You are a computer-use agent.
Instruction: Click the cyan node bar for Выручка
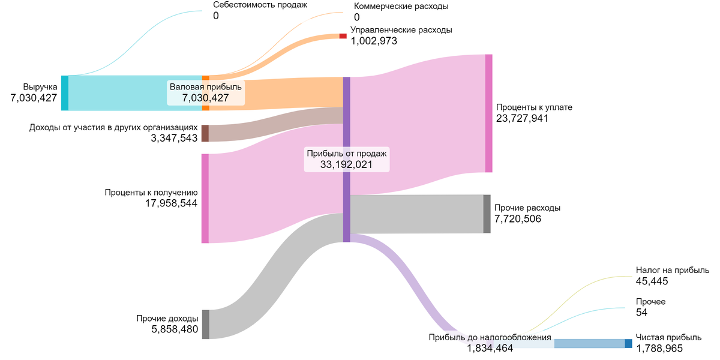65,93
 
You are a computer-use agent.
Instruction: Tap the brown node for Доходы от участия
205,133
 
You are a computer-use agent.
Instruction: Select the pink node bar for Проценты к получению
205,199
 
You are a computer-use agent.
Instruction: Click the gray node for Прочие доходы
206,325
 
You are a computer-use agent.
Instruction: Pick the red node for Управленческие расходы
343,36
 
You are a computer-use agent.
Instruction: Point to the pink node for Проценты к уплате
488,113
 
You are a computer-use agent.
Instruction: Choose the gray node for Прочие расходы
487,214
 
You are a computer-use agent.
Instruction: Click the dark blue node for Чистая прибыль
628,344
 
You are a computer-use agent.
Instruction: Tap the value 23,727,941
522,119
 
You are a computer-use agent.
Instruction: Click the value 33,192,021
347,164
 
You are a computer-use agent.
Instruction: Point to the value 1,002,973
374,41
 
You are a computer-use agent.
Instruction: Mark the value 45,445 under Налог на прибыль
652,281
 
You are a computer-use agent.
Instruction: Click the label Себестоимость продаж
260,5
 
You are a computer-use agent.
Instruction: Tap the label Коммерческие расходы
401,6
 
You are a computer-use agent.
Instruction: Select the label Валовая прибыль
206,87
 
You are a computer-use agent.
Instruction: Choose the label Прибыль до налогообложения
490,337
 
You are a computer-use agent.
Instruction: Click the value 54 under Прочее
641,313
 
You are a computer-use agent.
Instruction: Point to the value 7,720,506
518,219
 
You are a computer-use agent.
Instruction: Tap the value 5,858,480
175,329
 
